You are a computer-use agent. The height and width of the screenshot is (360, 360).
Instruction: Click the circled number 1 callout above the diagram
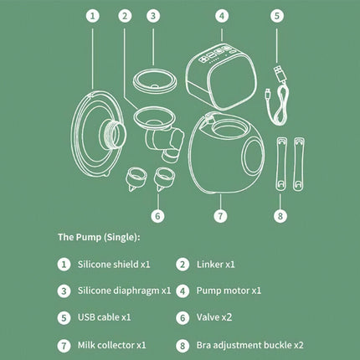click(93, 16)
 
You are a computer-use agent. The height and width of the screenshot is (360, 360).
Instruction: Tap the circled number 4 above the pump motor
click(222, 16)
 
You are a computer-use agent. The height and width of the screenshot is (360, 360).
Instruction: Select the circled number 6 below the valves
click(157, 216)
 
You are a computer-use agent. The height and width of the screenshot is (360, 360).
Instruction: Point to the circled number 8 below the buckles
click(280, 216)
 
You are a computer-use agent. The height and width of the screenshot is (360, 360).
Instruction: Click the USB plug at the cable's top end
click(280, 73)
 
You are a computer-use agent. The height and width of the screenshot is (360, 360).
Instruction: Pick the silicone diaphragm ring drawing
click(155, 80)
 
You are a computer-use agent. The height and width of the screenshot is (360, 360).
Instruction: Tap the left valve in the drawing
click(136, 178)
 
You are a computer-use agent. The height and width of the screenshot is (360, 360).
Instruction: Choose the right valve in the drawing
click(164, 178)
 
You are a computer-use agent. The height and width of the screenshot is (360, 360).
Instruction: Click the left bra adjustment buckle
click(281, 164)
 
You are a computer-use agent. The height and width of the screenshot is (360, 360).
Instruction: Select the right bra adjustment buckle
click(299, 164)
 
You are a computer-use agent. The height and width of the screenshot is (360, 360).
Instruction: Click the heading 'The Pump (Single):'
click(99, 237)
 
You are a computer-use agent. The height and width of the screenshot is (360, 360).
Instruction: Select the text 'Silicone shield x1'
click(114, 264)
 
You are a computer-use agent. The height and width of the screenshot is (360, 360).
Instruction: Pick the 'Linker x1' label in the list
click(215, 264)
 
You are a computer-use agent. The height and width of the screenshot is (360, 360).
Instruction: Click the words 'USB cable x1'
click(104, 317)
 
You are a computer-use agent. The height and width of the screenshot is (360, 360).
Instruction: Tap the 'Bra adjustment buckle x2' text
click(249, 345)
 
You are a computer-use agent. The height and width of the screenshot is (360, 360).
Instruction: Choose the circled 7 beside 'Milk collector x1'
click(64, 346)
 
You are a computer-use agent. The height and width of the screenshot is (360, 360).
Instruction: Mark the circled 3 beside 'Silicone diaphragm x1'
click(64, 291)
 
